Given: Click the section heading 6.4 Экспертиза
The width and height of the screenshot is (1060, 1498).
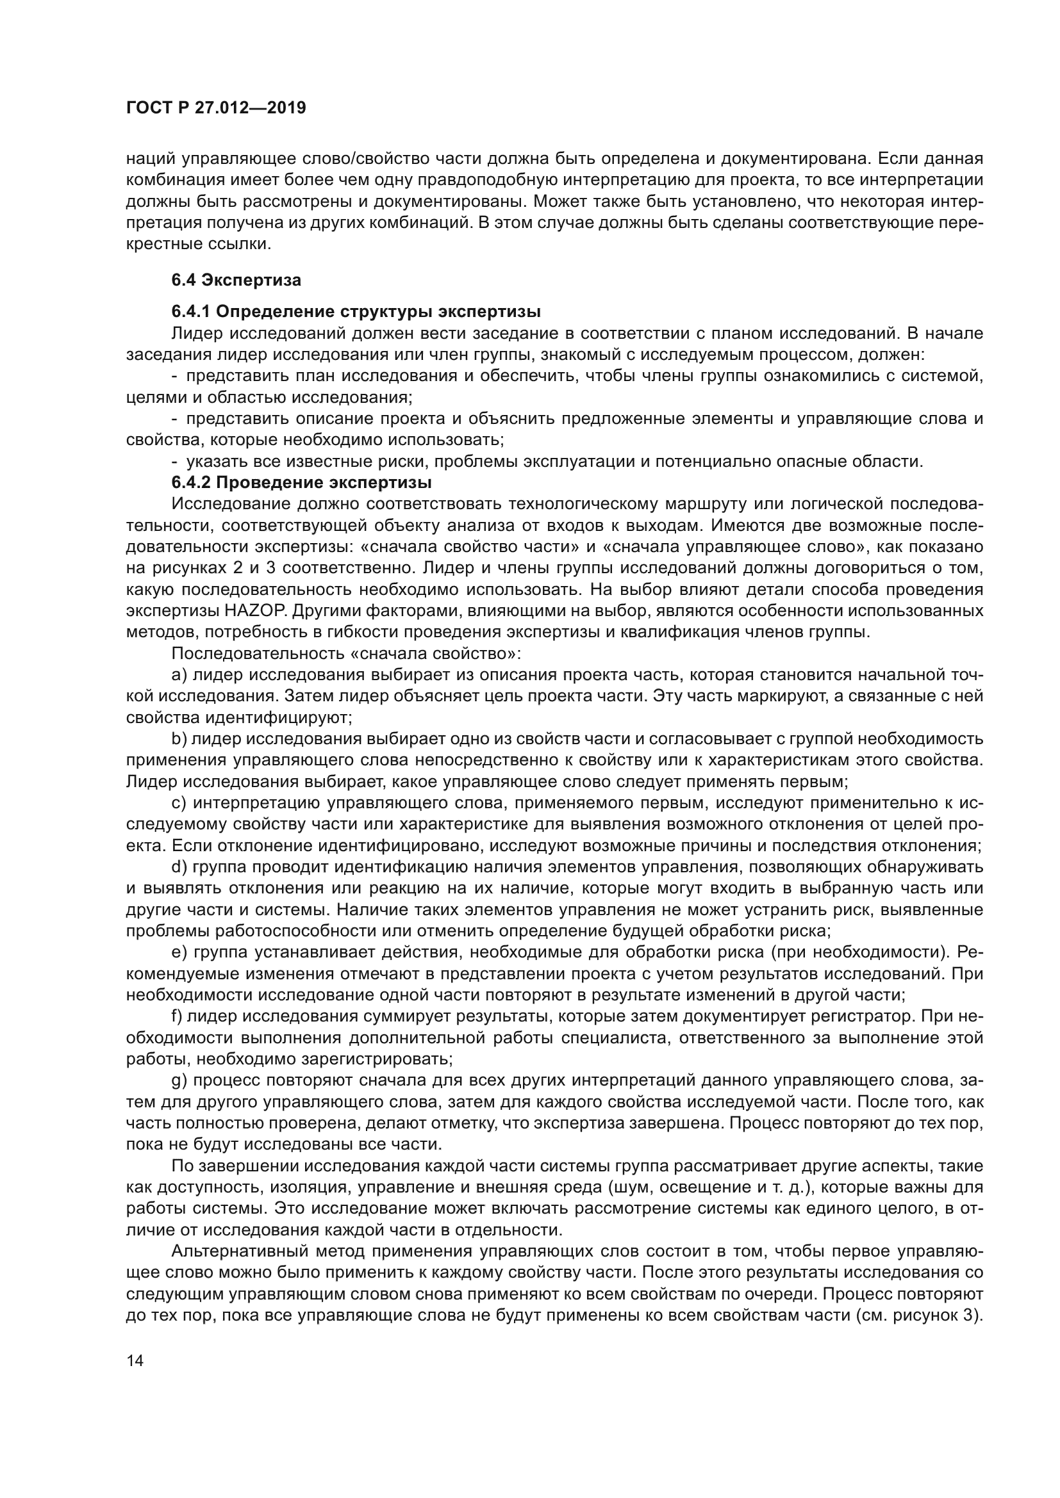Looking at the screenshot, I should [x=236, y=280].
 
